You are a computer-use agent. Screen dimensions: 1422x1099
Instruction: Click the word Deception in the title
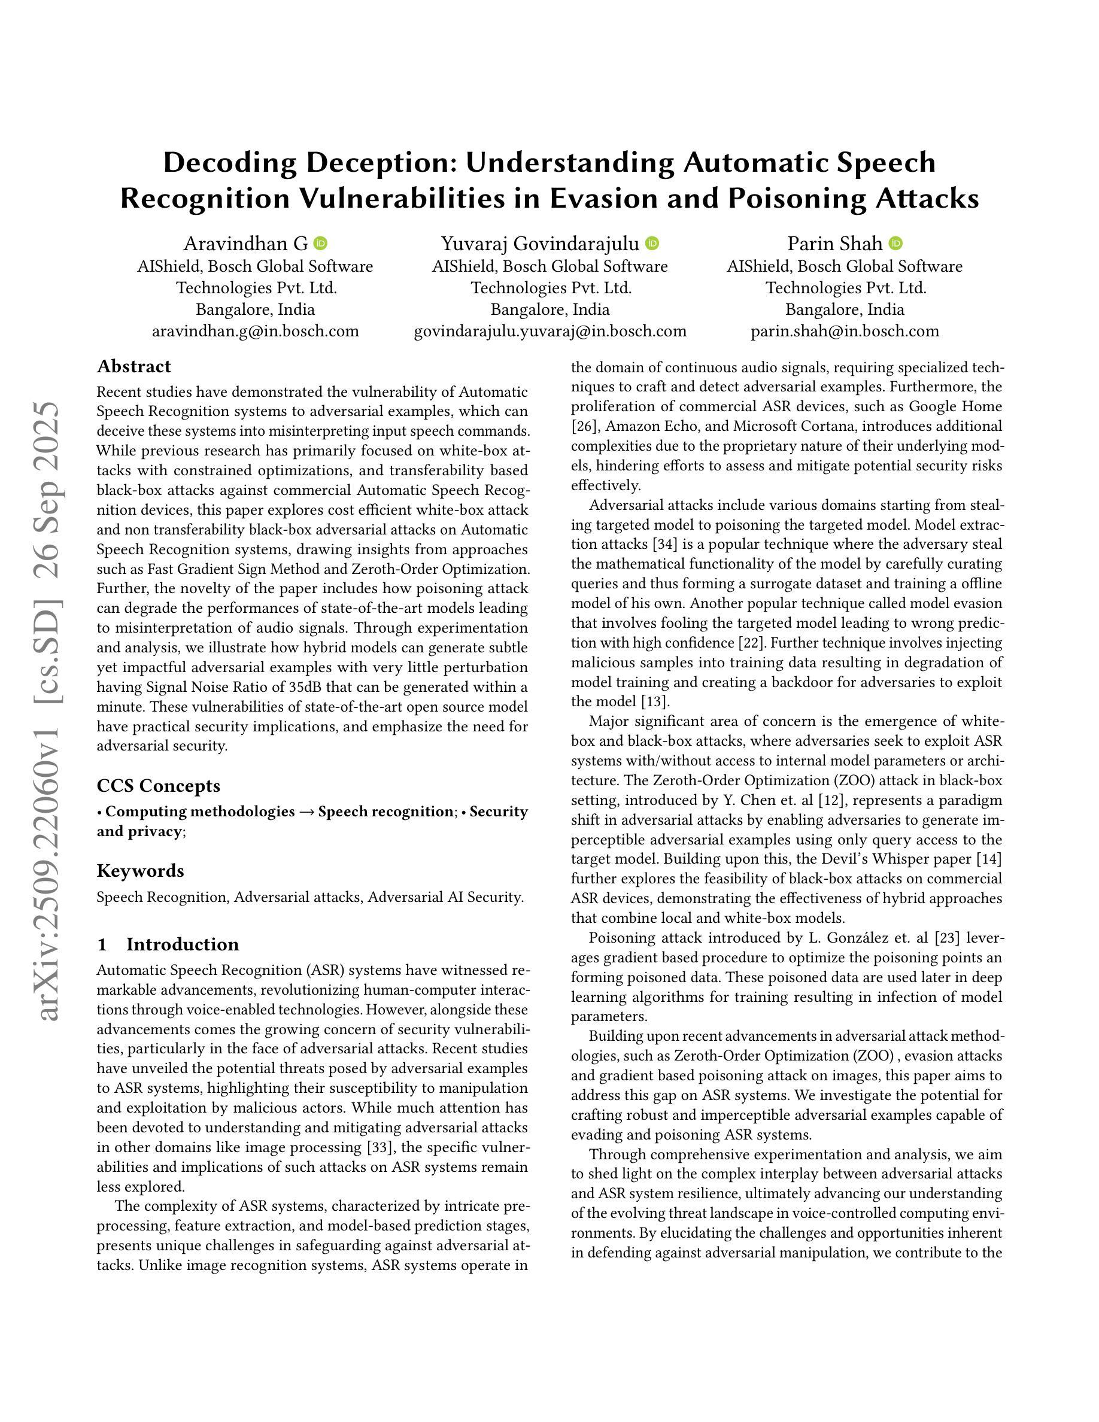(378, 162)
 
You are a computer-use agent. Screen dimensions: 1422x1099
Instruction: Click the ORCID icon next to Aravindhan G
(320, 244)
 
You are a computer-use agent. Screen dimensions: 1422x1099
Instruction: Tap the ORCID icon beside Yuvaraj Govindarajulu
(652, 244)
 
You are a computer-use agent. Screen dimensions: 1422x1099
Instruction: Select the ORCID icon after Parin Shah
(896, 244)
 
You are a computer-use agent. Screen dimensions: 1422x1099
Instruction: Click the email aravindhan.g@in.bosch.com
(255, 331)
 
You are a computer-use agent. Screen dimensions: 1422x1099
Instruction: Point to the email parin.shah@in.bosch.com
(845, 331)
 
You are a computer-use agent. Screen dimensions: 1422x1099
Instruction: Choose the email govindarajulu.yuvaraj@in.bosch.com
(550, 331)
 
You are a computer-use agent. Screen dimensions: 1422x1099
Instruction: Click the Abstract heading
(133, 366)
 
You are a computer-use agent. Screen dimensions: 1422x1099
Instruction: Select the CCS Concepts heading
(158, 786)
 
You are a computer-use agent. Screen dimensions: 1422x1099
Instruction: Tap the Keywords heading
(140, 871)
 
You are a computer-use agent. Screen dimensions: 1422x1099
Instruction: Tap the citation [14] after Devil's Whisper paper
(989, 859)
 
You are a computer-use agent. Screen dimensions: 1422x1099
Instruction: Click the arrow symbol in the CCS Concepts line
(306, 812)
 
